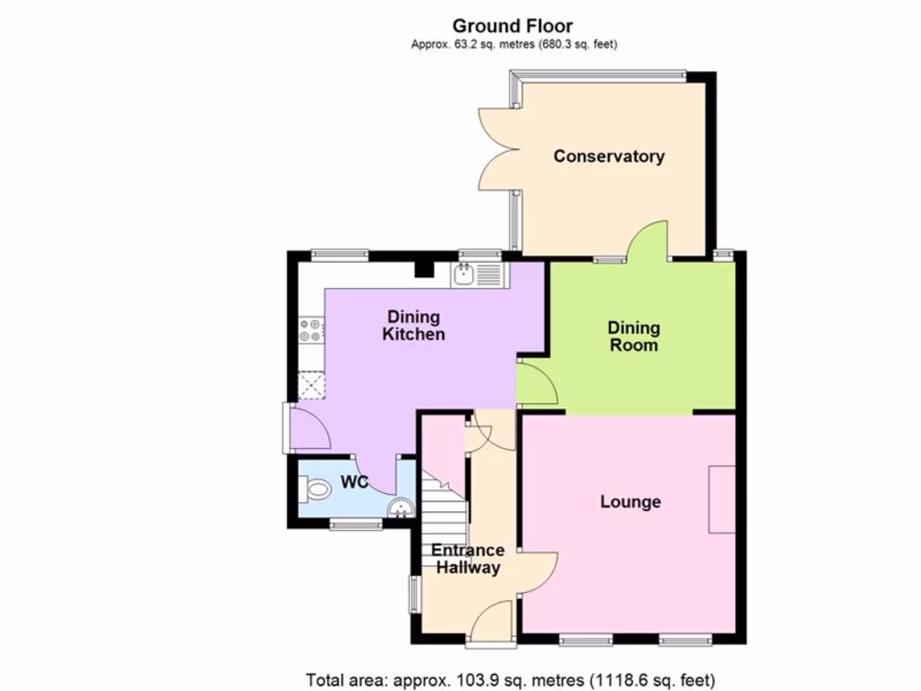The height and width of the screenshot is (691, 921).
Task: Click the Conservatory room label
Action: pos(609,156)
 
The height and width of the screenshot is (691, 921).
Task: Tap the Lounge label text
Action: pos(630,501)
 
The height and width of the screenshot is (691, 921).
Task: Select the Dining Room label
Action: pos(633,337)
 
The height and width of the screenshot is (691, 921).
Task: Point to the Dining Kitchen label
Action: pos(414,326)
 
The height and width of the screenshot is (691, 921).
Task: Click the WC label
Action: pos(355,483)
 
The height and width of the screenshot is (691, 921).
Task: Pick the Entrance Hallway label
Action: pos(467,559)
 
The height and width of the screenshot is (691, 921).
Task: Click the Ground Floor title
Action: pos(513,26)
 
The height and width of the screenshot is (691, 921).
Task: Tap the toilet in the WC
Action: pos(314,490)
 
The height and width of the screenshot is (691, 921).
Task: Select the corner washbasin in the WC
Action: pos(402,509)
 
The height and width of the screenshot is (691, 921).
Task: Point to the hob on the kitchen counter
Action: pos(311,330)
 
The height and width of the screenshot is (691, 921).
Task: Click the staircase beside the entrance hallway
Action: pos(445,513)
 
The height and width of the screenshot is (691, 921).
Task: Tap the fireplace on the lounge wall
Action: pos(721,499)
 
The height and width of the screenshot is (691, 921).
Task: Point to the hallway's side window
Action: pos(415,594)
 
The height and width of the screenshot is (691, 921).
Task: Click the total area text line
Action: pos(511,679)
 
